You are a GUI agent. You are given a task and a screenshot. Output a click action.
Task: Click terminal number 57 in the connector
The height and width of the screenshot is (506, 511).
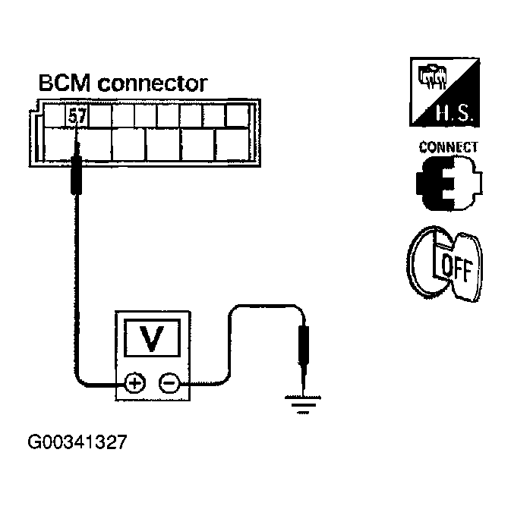(77, 116)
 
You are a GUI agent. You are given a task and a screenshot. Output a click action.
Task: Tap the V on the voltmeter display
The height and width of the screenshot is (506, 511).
(153, 339)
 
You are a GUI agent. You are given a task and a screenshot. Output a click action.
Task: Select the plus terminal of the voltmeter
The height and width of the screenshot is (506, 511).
(134, 384)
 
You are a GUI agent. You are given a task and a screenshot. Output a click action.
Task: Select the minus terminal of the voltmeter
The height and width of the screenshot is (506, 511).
(169, 384)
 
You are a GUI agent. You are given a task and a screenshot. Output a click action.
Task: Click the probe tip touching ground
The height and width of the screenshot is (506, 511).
(304, 383)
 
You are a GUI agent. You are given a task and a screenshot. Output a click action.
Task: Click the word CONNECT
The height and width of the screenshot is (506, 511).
(448, 147)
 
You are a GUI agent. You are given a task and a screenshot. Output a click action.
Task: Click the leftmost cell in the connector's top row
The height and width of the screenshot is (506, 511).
(54, 116)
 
